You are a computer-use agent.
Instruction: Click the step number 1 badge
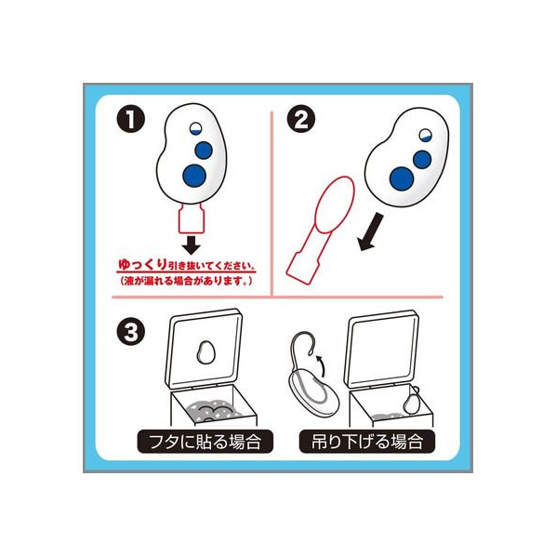(x=131, y=119)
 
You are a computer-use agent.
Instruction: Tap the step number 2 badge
(x=300, y=119)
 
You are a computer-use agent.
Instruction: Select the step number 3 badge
(x=131, y=332)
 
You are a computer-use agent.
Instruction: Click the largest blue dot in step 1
(x=194, y=176)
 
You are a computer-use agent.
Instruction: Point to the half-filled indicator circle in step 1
(x=195, y=128)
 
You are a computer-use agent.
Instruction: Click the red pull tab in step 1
(x=192, y=218)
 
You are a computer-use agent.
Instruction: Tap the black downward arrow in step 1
(x=192, y=245)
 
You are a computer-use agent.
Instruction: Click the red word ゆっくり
(x=142, y=265)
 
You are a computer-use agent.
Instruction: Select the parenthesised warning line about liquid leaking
(x=187, y=281)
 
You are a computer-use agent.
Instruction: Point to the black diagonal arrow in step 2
(x=371, y=232)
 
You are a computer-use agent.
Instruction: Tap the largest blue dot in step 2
(x=402, y=179)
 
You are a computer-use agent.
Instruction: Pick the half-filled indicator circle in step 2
(x=425, y=135)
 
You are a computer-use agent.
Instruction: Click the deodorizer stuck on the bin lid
(x=205, y=352)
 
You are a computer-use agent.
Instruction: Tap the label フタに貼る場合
(x=205, y=442)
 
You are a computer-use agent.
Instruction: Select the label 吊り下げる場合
(x=367, y=442)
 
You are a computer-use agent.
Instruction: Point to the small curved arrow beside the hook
(x=321, y=364)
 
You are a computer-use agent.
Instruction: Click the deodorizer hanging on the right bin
(x=411, y=401)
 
